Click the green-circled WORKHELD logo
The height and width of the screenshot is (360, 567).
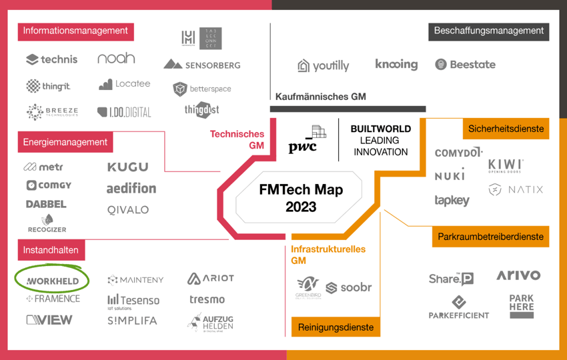pos(53,281)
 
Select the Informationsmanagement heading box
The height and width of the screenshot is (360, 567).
pos(75,31)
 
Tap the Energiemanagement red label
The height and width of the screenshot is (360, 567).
pos(65,142)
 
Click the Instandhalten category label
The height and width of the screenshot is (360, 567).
pos(51,251)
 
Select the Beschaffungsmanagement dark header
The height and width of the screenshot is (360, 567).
pos(488,31)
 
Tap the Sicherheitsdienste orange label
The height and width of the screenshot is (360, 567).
pos(506,129)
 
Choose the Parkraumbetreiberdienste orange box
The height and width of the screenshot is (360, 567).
pos(490,237)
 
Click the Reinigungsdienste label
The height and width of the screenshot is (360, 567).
pos(336,327)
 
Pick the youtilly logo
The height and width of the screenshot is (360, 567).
pos(324,65)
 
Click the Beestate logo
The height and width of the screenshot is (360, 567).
pos(466,65)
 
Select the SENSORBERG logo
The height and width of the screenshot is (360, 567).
pos(201,65)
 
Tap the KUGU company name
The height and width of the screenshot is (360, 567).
pos(127,167)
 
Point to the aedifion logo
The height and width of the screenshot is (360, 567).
pos(131,188)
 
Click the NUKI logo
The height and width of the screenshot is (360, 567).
pos(450,176)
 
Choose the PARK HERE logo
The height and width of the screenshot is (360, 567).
pos(521,306)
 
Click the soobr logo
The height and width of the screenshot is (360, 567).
pos(350,288)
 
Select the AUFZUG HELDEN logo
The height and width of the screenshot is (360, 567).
pos(211,323)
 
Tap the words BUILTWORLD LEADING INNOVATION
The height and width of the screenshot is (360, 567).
pos(380,140)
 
